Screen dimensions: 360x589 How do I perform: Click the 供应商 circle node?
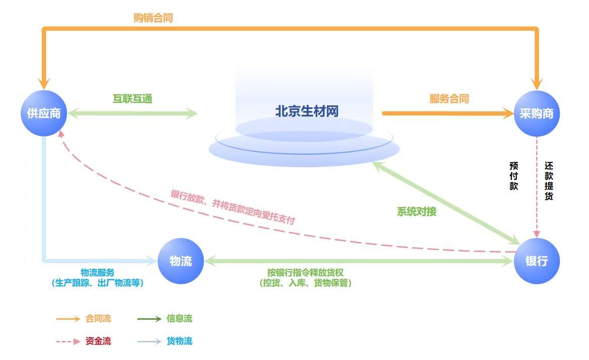43,113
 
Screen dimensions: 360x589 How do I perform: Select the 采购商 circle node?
537,113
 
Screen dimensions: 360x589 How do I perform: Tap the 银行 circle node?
537,261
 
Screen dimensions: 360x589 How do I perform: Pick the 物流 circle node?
180,261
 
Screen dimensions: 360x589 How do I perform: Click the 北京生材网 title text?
306,111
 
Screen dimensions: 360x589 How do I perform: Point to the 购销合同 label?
153,18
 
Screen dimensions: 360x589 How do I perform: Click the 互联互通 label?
132,99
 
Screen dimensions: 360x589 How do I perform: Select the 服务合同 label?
449,99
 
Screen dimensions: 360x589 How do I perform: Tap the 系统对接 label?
417,212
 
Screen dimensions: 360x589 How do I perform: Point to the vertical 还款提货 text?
549,181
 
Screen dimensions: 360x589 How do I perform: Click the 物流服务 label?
98,272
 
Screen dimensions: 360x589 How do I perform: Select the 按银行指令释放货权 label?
305,272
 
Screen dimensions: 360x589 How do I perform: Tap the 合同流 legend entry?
98,319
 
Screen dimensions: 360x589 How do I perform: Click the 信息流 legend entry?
179,319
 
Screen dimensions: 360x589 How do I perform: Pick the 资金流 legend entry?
98,341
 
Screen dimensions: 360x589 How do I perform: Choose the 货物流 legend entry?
179,341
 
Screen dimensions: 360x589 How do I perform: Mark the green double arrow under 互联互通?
133,113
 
